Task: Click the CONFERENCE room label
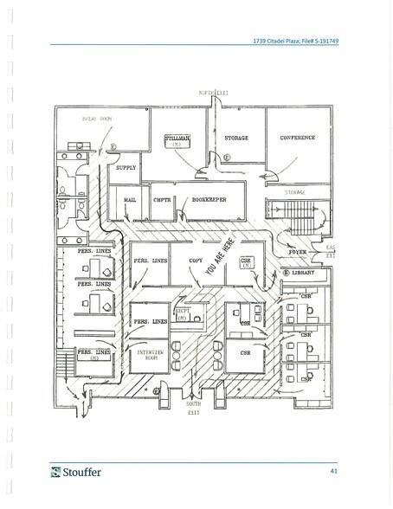coord(297,138)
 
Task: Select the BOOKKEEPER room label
coord(209,198)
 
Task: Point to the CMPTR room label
coord(162,198)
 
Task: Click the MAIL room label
coord(132,198)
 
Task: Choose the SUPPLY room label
coord(126,167)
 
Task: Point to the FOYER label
coord(299,252)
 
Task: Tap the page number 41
coord(333,471)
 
